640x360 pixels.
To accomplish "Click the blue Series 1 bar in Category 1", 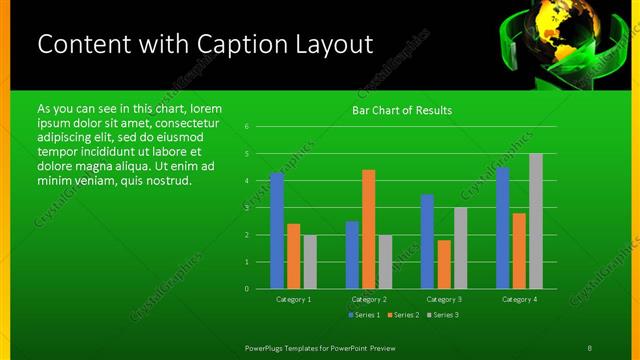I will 277,231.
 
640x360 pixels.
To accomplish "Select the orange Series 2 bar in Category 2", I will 369,229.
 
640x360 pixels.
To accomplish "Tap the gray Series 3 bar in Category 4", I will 536,221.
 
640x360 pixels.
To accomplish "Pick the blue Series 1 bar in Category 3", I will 427,241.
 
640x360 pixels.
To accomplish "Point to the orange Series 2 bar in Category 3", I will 444,264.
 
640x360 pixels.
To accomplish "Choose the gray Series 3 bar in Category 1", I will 310,262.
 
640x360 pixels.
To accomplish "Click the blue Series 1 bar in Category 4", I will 503,228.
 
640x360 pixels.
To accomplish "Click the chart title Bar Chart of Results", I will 402,110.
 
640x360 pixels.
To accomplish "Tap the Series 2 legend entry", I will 403,315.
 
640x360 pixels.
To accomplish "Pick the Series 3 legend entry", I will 443,315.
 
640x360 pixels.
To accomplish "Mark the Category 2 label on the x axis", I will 369,299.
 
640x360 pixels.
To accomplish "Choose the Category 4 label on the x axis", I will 519,299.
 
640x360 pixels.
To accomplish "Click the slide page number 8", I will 589,346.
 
